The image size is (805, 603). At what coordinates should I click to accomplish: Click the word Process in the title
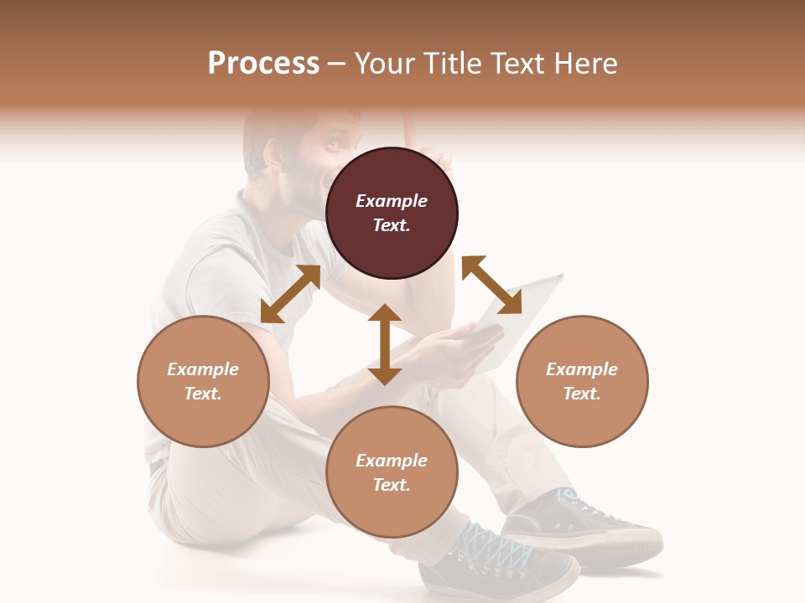[x=263, y=64]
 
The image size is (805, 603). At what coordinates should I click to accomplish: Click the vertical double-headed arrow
[x=385, y=344]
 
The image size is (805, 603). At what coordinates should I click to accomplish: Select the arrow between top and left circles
[x=290, y=294]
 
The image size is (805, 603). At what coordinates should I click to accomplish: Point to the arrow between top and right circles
[x=491, y=286]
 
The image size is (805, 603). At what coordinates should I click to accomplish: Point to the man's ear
[x=273, y=155]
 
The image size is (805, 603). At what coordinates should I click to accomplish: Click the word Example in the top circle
[x=392, y=201]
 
